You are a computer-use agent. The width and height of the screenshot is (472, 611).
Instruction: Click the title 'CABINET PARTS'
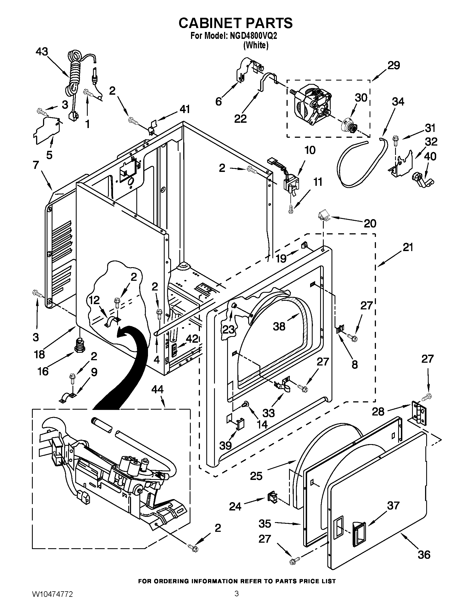(x=236, y=23)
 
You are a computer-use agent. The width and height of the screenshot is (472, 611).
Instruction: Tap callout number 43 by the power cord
(x=42, y=52)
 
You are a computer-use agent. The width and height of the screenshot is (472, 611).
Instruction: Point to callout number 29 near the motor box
(x=393, y=65)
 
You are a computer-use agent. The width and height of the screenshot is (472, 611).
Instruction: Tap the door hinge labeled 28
(x=418, y=413)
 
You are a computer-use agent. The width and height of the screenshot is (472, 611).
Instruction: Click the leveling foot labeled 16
(x=80, y=345)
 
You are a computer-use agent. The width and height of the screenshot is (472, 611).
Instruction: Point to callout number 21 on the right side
(x=408, y=247)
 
